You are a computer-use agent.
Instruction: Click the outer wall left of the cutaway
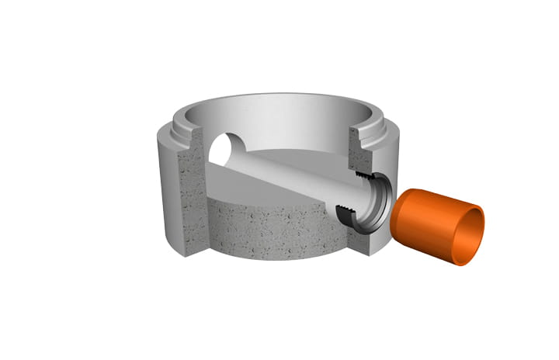pos(167,194)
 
